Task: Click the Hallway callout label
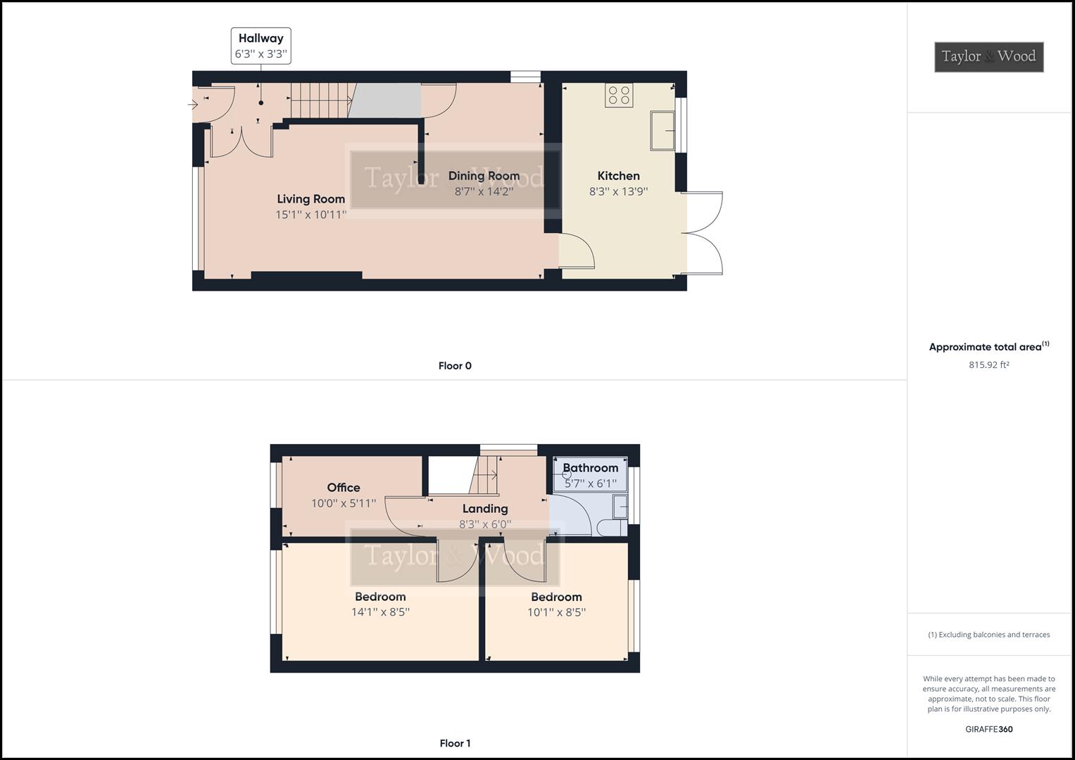[260, 46]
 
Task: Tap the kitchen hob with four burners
[619, 95]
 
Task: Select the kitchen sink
[662, 130]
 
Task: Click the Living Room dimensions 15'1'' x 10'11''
[310, 215]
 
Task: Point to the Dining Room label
[484, 176]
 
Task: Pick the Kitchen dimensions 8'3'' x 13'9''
[618, 191]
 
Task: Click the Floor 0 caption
[455, 366]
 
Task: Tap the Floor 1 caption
[455, 743]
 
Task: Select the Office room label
[344, 487]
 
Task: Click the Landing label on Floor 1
[485, 509]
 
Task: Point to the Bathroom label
[590, 468]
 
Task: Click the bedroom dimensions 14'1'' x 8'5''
[380, 612]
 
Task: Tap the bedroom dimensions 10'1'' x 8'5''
[556, 612]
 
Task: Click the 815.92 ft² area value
[988, 365]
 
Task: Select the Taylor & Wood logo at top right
[988, 57]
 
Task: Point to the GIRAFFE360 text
[988, 729]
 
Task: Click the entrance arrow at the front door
[193, 105]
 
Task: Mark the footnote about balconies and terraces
[988, 635]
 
